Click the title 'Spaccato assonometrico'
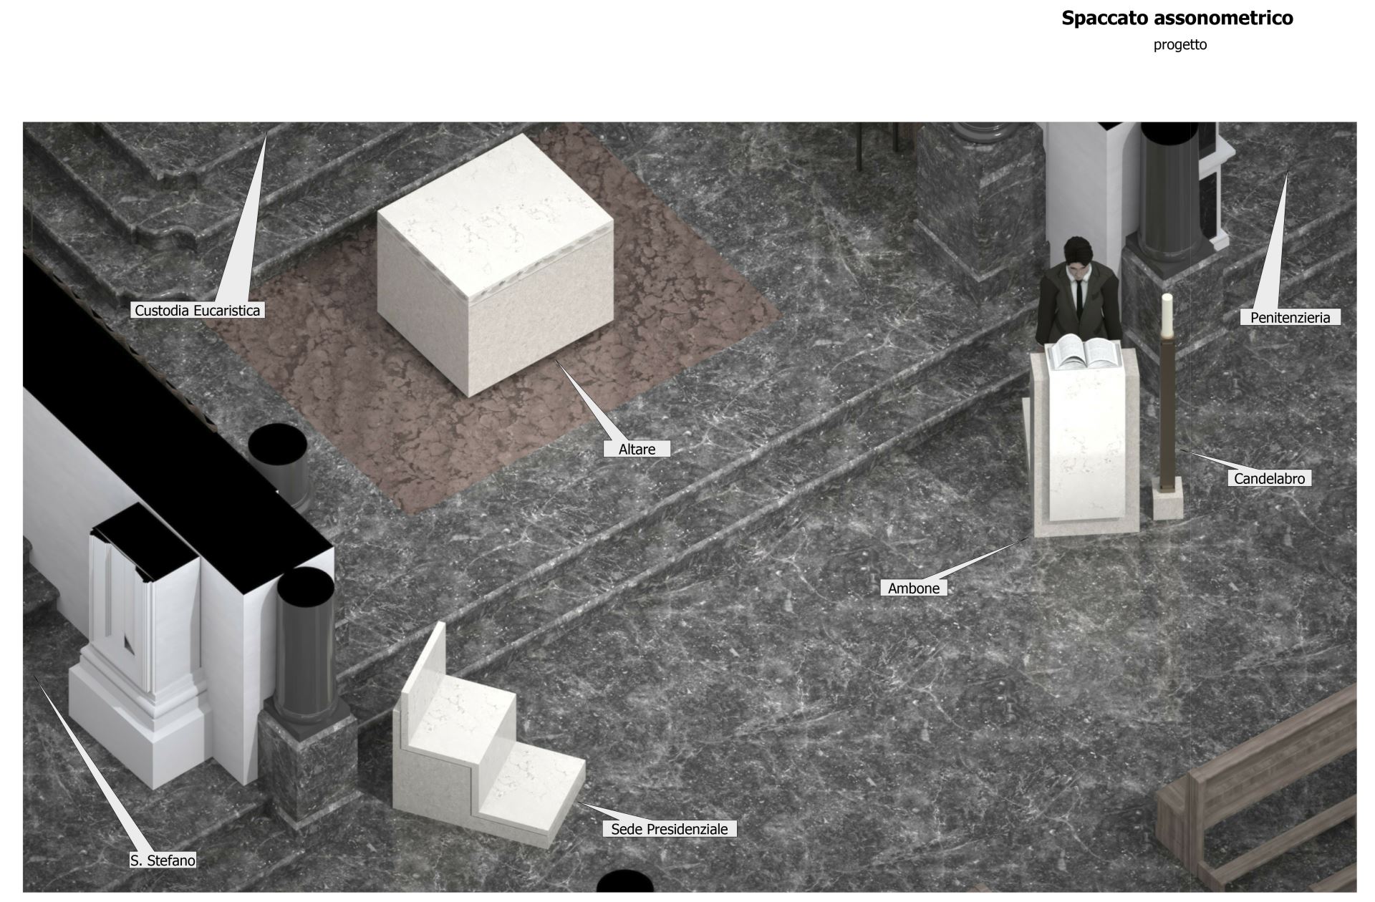click(1177, 18)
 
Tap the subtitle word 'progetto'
click(1179, 44)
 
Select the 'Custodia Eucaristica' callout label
click(198, 310)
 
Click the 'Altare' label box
click(637, 449)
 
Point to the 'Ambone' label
click(913, 588)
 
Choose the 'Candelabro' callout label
click(1269, 478)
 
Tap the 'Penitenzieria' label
click(1290, 317)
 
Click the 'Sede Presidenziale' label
click(669, 829)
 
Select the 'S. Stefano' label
click(163, 860)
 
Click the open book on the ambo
click(1084, 352)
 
